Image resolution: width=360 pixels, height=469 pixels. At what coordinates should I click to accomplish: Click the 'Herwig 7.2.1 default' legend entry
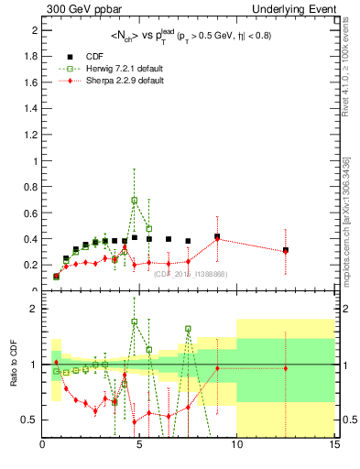[118, 70]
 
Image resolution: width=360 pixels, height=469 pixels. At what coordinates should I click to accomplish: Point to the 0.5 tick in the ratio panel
[29, 420]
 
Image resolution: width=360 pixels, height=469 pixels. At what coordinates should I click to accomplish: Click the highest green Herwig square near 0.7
[135, 200]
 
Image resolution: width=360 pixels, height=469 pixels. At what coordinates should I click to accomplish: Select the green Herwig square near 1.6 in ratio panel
[188, 329]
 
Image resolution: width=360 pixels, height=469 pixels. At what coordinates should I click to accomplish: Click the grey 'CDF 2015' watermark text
[191, 274]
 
